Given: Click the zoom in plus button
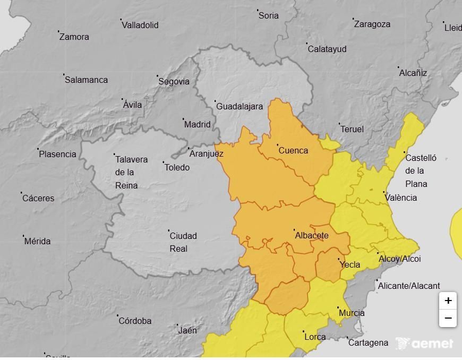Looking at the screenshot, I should [448, 301].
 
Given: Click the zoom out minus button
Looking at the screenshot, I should [448, 318].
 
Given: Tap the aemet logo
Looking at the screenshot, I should [425, 344].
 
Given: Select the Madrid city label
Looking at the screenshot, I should [197, 125].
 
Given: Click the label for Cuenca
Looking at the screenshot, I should [293, 151].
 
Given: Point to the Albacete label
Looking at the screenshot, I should [312, 236].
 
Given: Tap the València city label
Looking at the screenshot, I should [400, 198].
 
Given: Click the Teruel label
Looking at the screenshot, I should [352, 130].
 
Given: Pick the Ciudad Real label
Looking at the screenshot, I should [183, 242].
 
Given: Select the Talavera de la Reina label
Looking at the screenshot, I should [131, 173].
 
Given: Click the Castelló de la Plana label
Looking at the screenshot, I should [421, 171].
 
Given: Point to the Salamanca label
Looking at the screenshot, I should [86, 80].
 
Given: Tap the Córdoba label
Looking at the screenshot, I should [135, 321].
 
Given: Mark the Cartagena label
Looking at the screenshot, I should [368, 343].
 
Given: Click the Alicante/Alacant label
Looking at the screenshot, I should [409, 286].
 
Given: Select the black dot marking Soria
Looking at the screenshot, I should [258, 10].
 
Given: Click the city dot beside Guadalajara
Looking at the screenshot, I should [215, 101].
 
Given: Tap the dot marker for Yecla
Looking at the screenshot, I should [339, 259].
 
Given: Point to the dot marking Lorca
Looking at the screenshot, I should [303, 331].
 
